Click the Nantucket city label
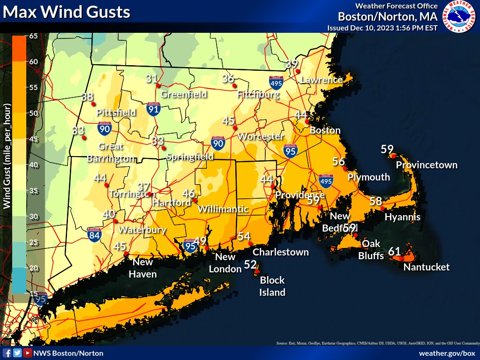(427, 267)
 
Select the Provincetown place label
(427, 165)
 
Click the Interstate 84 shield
(94, 234)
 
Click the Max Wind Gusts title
(67, 12)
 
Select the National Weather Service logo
(460, 16)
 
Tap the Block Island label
(272, 286)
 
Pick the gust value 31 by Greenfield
(151, 79)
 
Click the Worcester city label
(261, 136)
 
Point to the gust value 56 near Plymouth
(338, 161)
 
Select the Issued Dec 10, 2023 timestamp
(382, 28)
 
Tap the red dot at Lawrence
(298, 71)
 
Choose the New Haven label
(142, 268)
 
